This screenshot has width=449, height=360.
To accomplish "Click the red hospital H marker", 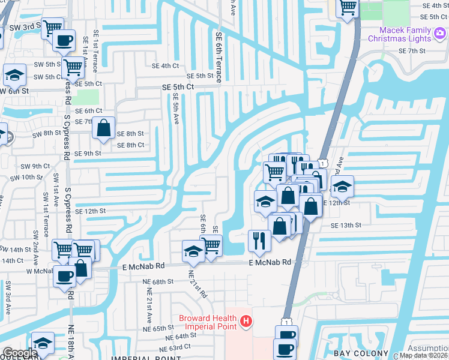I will tap(245, 323).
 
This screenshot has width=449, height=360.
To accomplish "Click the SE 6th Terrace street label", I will tap(218, 57).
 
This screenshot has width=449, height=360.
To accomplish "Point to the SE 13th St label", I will tap(346, 225).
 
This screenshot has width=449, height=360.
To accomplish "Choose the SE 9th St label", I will tap(84, 154).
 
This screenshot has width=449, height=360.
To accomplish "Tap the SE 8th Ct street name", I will tap(130, 145).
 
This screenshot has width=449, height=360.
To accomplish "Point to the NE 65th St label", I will tap(158, 329).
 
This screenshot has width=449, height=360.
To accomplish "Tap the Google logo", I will tap(19, 353).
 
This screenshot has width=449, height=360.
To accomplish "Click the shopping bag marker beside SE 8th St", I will tap(104, 128).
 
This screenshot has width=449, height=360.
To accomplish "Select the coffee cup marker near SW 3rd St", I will tap(63, 41).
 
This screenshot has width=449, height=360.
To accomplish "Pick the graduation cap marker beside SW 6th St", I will tap(14, 76).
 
